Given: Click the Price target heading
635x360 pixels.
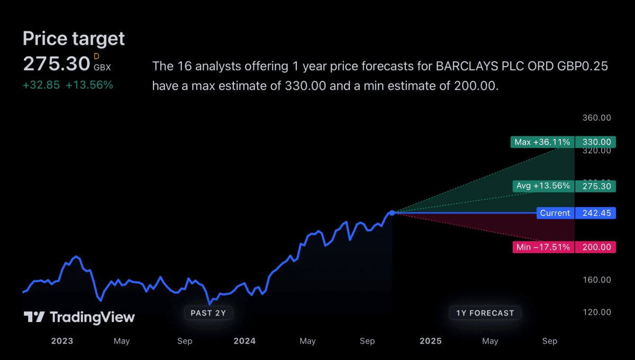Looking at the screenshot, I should [x=74, y=39].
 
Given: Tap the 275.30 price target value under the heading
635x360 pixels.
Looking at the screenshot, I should [x=57, y=64].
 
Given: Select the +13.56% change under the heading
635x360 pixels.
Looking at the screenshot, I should [x=89, y=85].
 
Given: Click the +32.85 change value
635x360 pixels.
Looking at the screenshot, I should [x=41, y=85].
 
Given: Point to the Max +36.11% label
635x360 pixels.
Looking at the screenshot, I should [x=542, y=142].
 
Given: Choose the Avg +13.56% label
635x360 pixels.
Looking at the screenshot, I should [x=543, y=186].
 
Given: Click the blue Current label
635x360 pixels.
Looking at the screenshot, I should [x=555, y=213].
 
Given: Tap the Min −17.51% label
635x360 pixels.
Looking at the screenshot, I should [x=543, y=247].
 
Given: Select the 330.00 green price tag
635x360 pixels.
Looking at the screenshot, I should [x=596, y=142].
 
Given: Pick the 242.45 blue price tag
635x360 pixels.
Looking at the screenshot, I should [x=596, y=213].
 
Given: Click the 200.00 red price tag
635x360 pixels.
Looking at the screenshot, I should [x=596, y=247].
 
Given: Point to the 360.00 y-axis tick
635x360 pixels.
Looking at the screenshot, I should [x=596, y=118].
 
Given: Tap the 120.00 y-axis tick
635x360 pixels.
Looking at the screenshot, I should [x=596, y=312].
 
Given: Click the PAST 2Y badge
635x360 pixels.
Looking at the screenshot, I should [x=208, y=313].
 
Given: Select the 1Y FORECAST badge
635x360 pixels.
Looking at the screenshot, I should [x=485, y=313].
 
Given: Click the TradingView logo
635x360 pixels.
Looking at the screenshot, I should [x=79, y=317].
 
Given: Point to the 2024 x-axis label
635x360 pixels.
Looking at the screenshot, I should [x=244, y=341].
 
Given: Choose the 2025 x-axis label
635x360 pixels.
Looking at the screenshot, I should [x=430, y=341].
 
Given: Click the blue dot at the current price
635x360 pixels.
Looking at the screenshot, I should [x=392, y=213].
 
